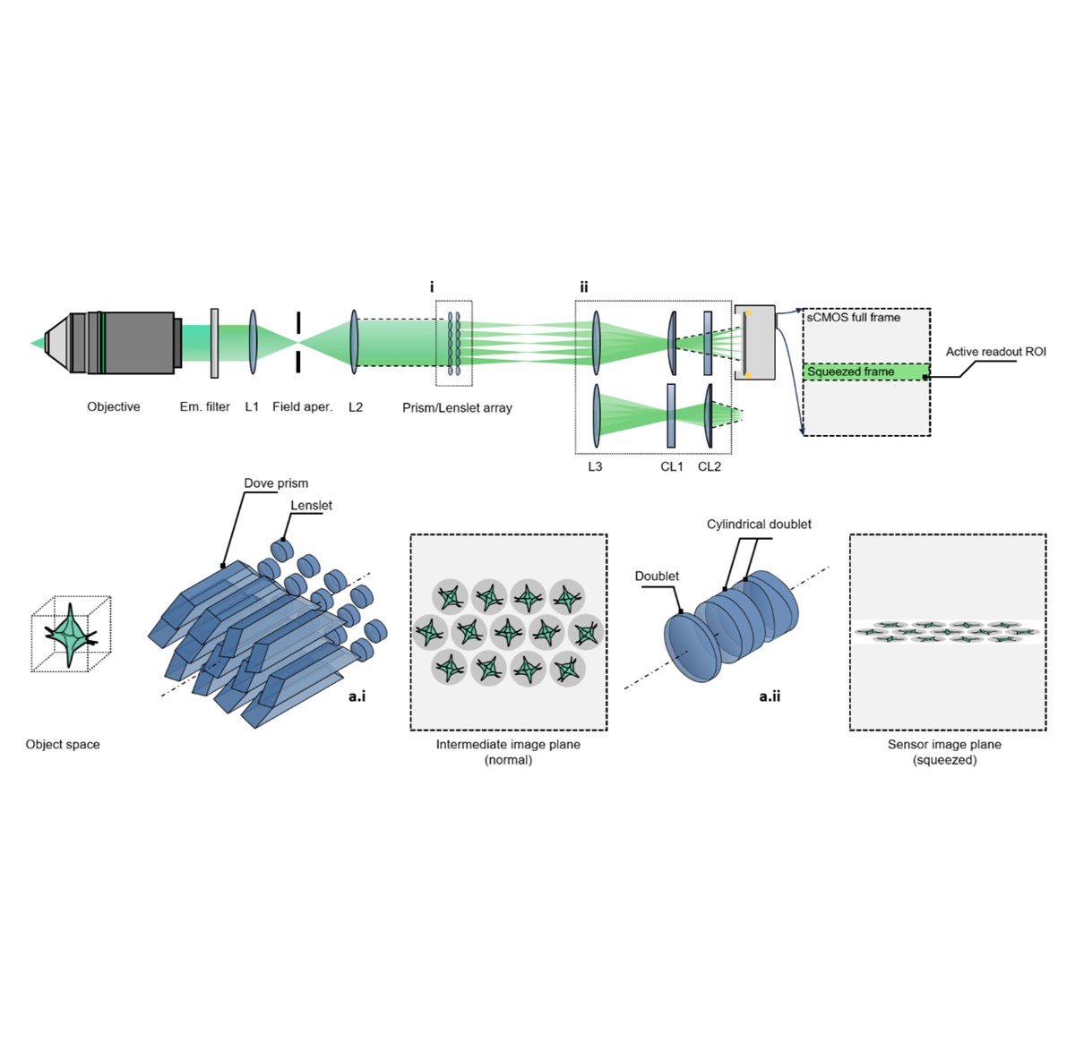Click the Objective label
[114, 406]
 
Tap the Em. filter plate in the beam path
[214, 343]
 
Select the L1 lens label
[252, 406]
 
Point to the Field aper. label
[302, 406]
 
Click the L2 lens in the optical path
[355, 342]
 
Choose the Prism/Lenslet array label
[457, 407]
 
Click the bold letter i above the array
[432, 286]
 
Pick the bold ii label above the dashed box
[584, 286]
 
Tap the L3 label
[595, 466]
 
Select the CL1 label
[672, 466]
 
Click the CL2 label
[710, 466]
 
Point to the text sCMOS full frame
[854, 317]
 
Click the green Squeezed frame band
[865, 372]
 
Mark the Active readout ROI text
[995, 352]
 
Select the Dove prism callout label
[276, 483]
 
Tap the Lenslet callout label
[311, 505]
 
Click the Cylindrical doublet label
[759, 524]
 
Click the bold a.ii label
[770, 696]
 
